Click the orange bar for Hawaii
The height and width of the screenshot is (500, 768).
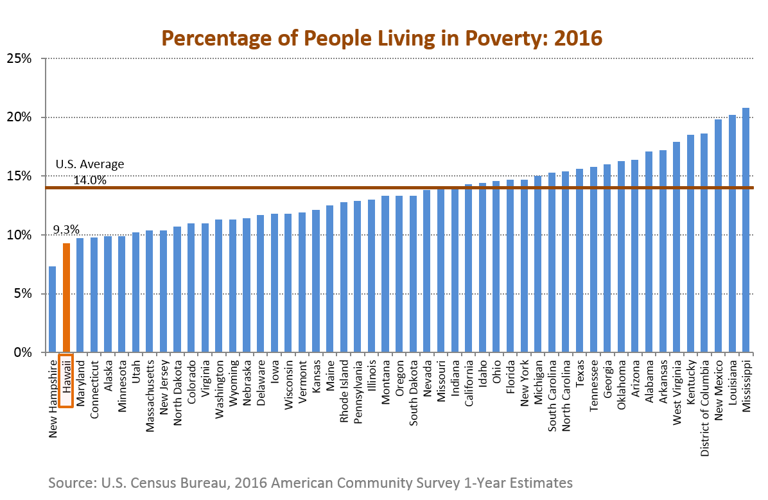(66, 297)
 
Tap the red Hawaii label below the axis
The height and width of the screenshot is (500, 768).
(66, 380)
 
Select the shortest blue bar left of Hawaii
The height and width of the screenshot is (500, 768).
(52, 309)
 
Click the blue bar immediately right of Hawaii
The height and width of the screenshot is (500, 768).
(80, 295)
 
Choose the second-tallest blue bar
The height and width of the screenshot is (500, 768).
(732, 234)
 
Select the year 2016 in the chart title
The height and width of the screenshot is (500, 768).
(578, 38)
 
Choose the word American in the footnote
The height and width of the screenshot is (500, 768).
(298, 483)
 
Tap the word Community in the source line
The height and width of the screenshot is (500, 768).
(362, 483)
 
